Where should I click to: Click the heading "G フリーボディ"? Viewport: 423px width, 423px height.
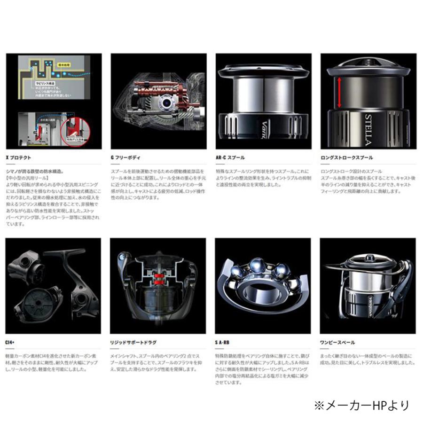(x=126, y=157)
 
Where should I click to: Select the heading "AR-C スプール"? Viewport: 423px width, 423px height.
(x=230, y=157)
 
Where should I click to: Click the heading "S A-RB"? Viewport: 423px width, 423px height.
(x=223, y=343)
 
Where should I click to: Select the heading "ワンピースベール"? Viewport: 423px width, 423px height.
(x=337, y=343)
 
